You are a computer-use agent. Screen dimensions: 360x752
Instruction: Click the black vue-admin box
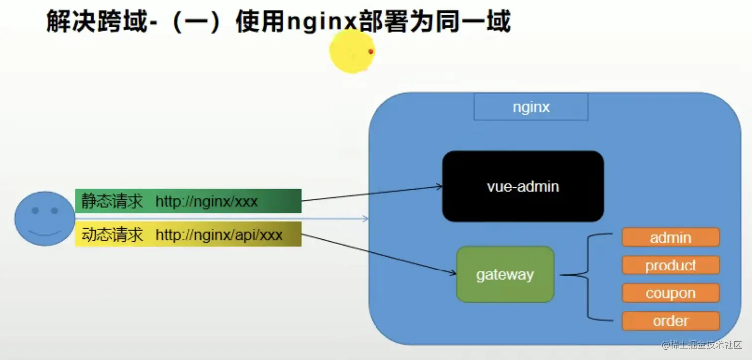click(523, 186)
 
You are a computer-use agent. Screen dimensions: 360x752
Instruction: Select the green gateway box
click(505, 274)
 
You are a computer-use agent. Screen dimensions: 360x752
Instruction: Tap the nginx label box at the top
click(531, 107)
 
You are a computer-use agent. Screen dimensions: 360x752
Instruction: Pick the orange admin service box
click(670, 237)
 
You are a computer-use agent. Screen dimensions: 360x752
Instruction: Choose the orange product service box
click(670, 266)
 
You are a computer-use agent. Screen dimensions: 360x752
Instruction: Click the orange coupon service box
click(670, 293)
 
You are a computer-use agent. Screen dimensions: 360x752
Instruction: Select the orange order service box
click(670, 321)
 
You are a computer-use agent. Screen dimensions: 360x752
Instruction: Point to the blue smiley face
click(44, 219)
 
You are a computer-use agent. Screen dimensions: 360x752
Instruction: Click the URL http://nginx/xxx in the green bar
click(206, 201)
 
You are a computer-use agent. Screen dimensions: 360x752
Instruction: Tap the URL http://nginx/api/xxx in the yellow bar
click(219, 234)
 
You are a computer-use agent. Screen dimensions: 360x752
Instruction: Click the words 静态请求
click(112, 201)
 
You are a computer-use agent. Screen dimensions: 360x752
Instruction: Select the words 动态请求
click(112, 234)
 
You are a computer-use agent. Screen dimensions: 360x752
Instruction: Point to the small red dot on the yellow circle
click(371, 51)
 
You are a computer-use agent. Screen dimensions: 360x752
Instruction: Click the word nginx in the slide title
click(322, 22)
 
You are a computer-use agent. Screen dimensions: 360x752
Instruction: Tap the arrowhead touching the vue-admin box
click(439, 187)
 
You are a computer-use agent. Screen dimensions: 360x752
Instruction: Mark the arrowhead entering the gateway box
click(453, 273)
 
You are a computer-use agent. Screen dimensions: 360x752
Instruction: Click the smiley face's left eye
click(35, 211)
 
